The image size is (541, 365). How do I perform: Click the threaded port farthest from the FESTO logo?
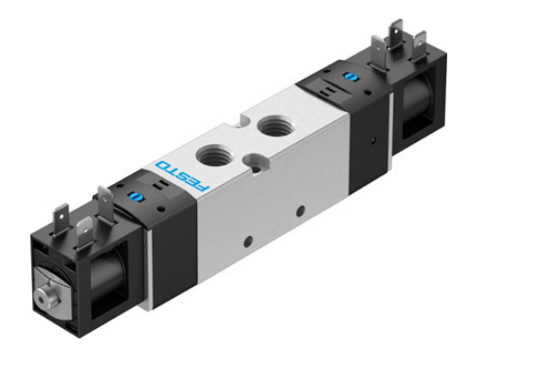click(273, 123)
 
